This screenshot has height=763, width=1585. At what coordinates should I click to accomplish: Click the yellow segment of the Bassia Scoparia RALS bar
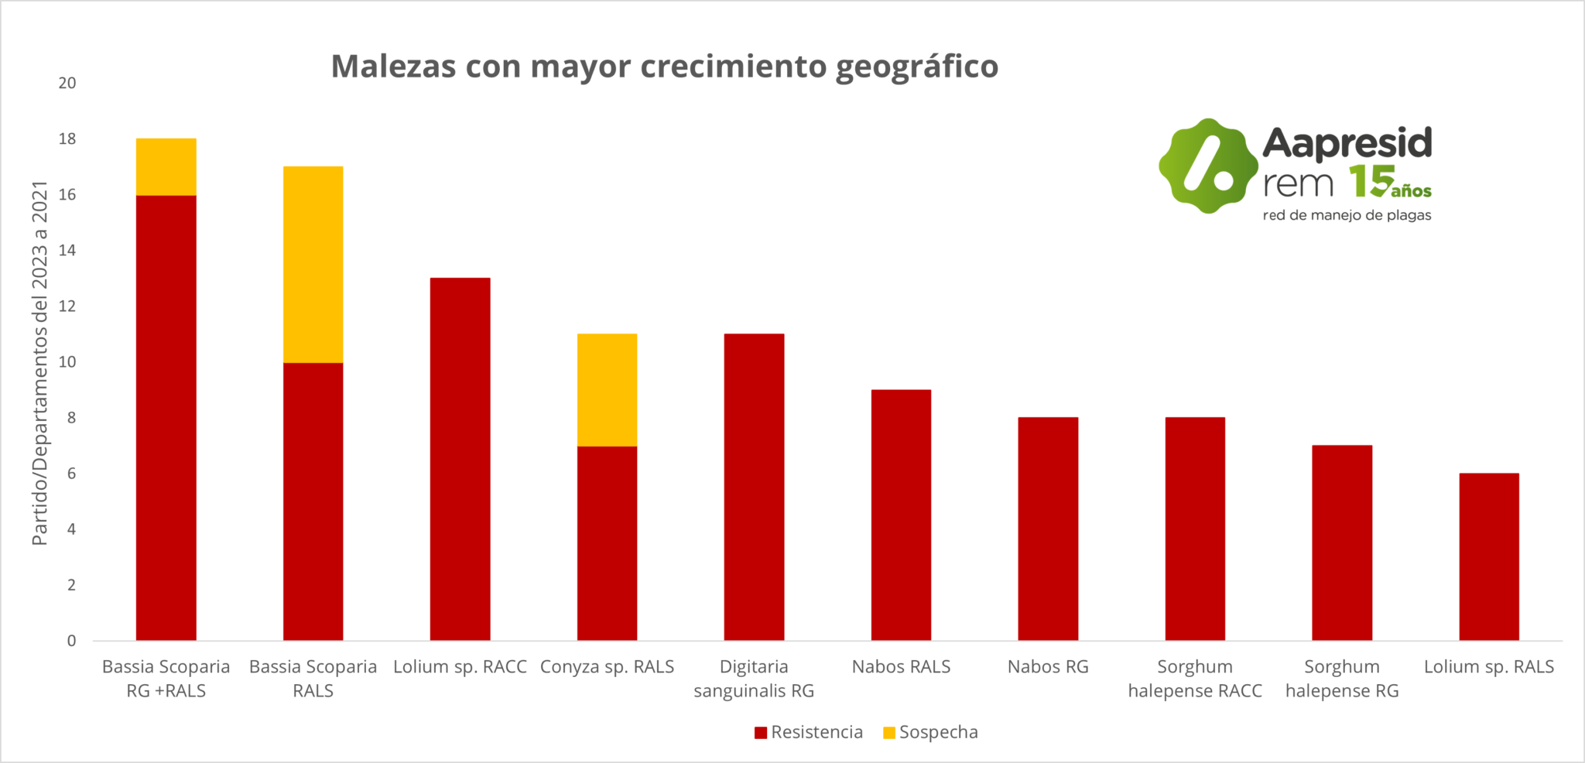point(313,264)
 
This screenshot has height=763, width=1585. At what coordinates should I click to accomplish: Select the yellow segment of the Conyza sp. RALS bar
point(607,389)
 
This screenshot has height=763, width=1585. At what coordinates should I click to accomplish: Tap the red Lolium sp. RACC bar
point(460,459)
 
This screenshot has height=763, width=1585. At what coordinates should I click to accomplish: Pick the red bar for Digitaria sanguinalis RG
point(754,487)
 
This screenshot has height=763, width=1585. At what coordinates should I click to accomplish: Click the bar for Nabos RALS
point(901,515)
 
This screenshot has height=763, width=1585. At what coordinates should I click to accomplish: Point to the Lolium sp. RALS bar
point(1489,556)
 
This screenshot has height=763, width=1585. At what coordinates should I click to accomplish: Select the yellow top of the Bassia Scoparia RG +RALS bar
point(166,166)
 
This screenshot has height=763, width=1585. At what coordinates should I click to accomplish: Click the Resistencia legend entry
point(809,732)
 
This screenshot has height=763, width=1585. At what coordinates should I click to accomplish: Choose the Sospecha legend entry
point(930,732)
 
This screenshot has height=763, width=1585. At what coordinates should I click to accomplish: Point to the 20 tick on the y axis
point(67,83)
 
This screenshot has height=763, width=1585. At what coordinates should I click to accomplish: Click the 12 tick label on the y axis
point(67,306)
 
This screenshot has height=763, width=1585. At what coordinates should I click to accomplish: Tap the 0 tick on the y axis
point(71,640)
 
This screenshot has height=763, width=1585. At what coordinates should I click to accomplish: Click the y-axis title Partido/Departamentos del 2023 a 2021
point(40,363)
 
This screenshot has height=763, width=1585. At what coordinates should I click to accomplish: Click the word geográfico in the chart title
point(916,67)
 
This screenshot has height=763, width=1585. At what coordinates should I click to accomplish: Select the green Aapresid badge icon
point(1207,166)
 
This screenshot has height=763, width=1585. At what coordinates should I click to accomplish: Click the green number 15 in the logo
point(1371,181)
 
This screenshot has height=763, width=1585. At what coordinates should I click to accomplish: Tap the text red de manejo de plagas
point(1347,215)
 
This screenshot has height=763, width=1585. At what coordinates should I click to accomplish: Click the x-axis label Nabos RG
point(1048,666)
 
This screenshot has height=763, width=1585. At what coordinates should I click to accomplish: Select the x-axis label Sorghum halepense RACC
point(1195,678)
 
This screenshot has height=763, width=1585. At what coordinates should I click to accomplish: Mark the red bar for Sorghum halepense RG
point(1342,542)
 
